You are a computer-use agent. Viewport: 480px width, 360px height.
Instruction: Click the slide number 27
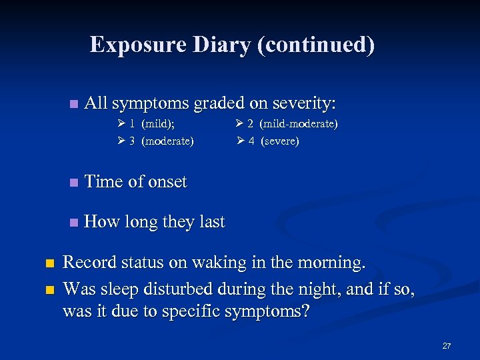click(x=446, y=346)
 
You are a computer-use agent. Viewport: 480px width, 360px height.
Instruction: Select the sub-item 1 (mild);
click(x=153, y=124)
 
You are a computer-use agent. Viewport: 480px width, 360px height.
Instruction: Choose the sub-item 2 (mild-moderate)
click(x=293, y=124)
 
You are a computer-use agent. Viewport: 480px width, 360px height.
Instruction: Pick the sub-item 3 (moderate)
click(x=162, y=141)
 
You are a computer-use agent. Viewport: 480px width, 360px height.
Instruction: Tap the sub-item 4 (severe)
click(x=274, y=141)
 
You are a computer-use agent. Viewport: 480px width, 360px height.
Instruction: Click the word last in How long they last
click(x=211, y=221)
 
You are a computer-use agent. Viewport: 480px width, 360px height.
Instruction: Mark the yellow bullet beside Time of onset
click(x=73, y=183)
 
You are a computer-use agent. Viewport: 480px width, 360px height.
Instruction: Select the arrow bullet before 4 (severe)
click(x=241, y=141)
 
